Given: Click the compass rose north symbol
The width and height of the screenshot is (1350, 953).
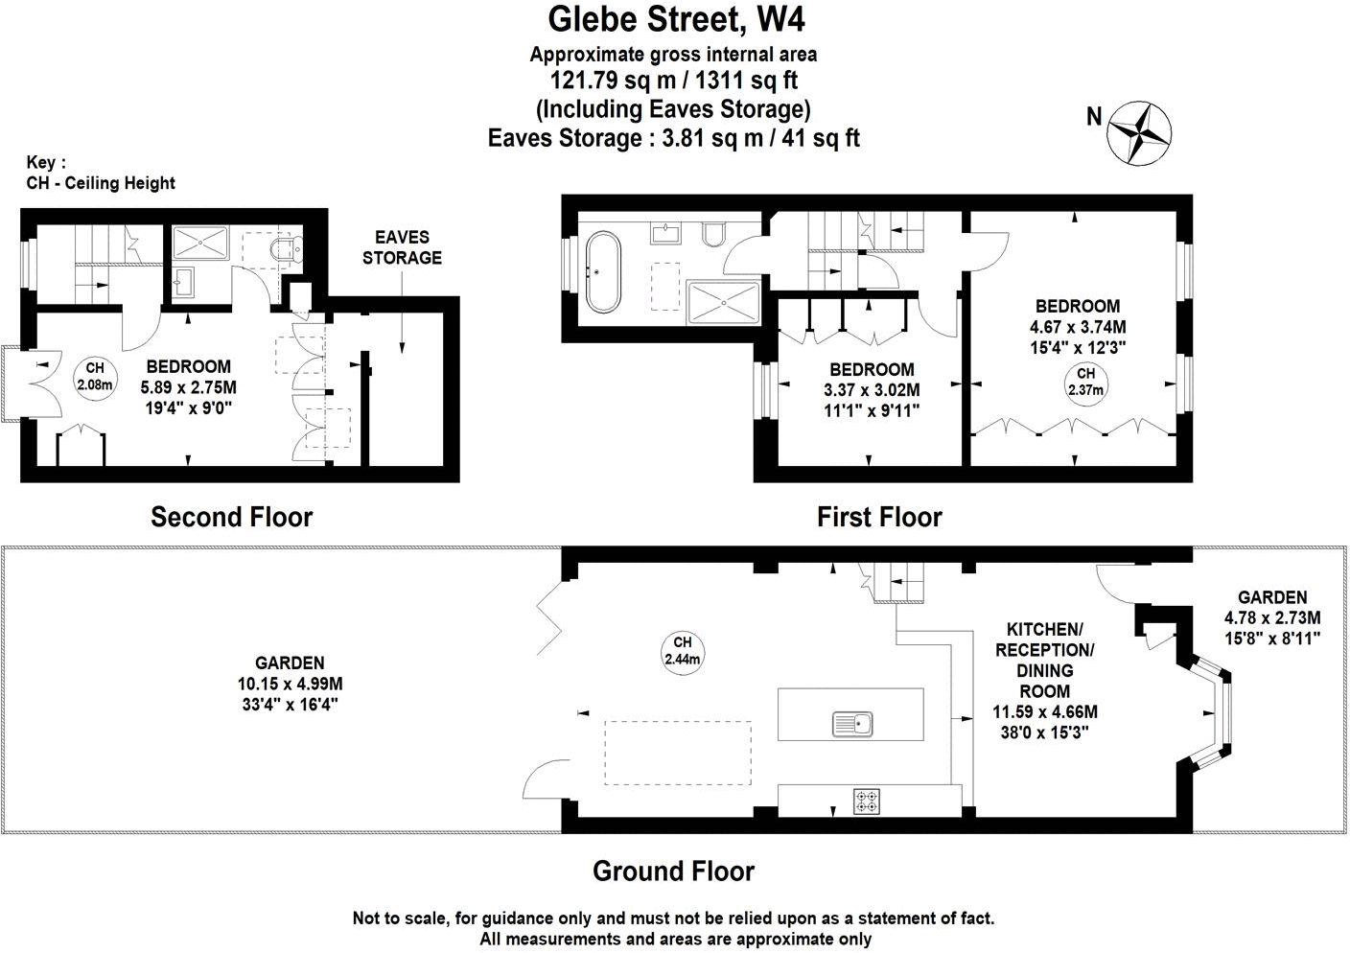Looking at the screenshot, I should tap(1141, 132).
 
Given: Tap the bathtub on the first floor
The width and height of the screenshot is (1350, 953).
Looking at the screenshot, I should tap(604, 270).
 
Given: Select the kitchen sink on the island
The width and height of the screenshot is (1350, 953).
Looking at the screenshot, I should tap(852, 724).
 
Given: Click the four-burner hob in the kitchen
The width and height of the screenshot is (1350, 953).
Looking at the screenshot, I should tap(868, 801).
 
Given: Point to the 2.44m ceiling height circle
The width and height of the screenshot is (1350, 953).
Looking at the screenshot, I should tap(683, 651).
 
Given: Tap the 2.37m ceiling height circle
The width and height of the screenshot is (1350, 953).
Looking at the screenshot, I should tap(1085, 382).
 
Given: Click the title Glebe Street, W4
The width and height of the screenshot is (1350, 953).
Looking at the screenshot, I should tap(669, 19).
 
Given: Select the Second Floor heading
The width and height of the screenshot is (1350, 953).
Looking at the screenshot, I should tap(232, 518).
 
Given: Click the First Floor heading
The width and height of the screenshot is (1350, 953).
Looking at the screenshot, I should tap(879, 518).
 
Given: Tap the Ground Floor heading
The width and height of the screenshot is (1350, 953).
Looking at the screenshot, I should tap(673, 872).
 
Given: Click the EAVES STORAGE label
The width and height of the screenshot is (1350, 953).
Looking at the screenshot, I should tap(402, 247).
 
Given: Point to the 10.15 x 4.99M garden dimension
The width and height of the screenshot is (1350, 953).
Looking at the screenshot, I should tap(290, 684).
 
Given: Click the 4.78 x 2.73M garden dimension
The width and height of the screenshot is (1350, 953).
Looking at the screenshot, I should tap(1272, 617).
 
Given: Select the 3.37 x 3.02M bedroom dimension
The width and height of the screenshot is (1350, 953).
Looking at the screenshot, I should tap(872, 390).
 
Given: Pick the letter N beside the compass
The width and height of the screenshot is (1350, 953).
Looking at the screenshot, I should tap(1094, 117).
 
